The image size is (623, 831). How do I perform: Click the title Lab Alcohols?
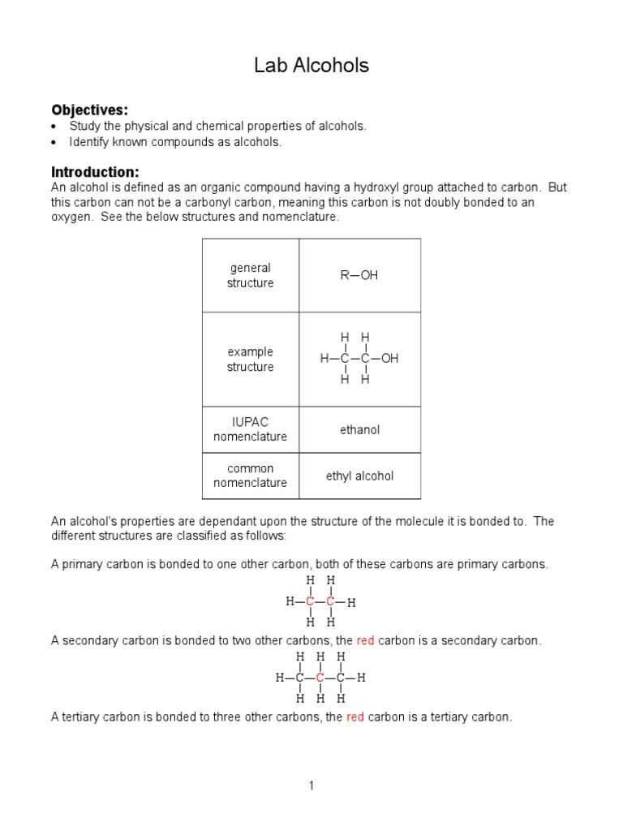[311, 66]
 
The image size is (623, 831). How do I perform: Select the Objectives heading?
[90, 110]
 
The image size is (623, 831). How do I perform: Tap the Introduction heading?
[95, 172]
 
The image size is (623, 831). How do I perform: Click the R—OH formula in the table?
[359, 275]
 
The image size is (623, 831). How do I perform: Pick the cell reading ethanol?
[359, 429]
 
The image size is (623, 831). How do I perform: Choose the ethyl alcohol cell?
[359, 476]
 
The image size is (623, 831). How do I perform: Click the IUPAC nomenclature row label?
[250, 429]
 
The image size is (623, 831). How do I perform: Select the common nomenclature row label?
[250, 476]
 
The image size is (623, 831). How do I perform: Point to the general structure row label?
[250, 275]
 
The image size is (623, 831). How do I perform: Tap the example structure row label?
[250, 359]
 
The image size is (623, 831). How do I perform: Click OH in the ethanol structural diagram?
[390, 358]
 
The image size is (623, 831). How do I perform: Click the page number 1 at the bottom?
[311, 786]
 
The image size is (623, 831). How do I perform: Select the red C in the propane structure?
[320, 678]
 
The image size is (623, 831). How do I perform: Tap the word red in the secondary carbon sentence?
[365, 640]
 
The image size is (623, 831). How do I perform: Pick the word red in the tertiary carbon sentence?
[355, 717]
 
